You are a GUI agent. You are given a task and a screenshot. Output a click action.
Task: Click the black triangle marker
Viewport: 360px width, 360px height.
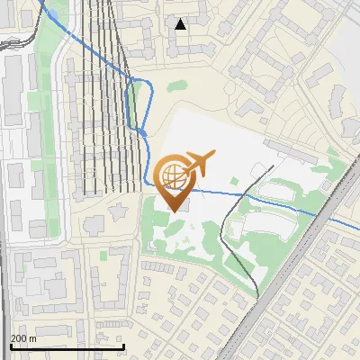point(181,24)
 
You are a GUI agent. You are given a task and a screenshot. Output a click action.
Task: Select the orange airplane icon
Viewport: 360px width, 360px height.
point(199,162)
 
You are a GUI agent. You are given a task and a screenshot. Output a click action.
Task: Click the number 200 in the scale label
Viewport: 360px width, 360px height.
point(19,337)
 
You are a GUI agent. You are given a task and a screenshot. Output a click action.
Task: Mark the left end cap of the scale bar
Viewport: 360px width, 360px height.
point(11,346)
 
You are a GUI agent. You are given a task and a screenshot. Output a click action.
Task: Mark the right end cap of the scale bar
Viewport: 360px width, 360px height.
point(123,346)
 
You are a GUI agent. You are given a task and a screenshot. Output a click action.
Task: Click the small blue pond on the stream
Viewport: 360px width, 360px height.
point(52,15)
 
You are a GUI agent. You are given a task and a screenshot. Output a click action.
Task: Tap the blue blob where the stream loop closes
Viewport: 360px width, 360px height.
point(143,133)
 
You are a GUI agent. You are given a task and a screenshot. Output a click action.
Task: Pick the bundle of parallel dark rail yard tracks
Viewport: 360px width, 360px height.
point(103,108)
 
